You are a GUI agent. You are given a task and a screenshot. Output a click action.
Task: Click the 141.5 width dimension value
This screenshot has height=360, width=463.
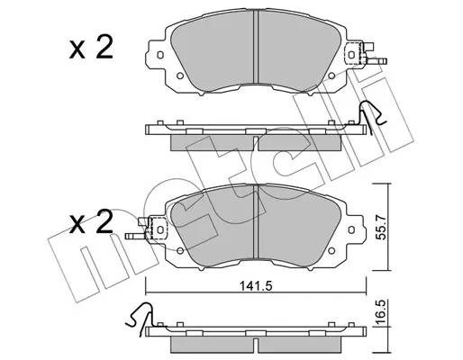[256, 286]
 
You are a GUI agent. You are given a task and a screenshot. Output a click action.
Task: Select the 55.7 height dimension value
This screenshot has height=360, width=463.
[381, 227]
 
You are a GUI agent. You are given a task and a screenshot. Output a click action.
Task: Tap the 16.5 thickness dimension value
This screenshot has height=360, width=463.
[381, 313]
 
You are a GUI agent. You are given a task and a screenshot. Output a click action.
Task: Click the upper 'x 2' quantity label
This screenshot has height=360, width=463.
[91, 48]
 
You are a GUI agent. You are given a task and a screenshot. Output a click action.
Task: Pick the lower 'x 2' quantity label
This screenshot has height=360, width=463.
[91, 222]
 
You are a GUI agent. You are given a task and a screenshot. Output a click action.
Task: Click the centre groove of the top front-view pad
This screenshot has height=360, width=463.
[256, 47]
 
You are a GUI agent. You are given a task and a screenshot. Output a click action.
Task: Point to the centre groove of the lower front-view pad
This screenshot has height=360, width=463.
[256, 221]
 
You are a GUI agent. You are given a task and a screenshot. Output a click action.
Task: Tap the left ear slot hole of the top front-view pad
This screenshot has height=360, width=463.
[160, 55]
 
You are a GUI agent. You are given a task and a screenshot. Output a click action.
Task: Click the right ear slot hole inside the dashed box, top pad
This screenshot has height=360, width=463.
[351, 55]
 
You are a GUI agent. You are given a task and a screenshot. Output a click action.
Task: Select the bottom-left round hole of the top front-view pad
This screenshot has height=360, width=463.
[180, 76]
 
